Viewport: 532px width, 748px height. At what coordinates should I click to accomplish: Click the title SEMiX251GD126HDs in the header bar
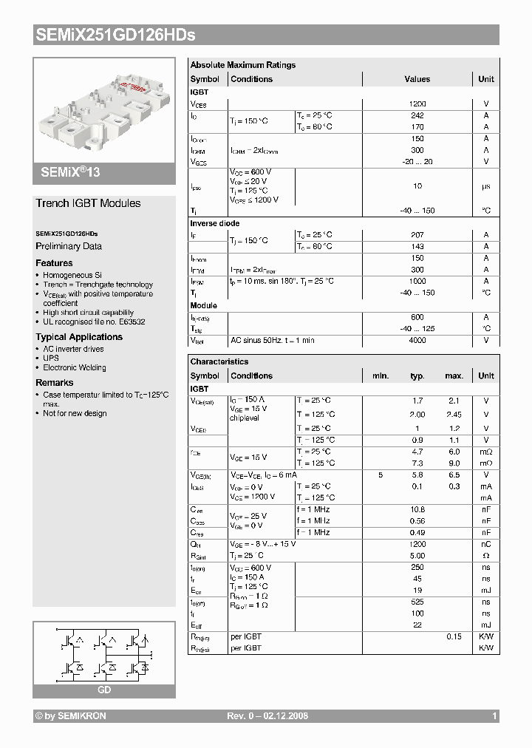click(115, 35)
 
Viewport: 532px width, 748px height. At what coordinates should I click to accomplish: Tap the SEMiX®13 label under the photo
click(66, 172)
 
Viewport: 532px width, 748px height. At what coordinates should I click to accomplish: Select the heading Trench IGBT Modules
click(88, 203)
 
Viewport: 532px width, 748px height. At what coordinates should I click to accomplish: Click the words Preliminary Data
click(69, 246)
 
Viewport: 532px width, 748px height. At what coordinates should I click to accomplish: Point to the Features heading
click(54, 263)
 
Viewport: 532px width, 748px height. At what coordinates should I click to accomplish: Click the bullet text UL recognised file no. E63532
click(94, 322)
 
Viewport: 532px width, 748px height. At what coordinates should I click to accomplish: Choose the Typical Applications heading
click(79, 337)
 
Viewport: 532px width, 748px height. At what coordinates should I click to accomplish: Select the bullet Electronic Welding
click(74, 367)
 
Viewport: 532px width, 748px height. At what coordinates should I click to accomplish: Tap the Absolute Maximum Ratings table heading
click(242, 65)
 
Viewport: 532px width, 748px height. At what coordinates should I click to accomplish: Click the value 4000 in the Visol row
click(417, 340)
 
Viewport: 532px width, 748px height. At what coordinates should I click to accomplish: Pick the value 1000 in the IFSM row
click(417, 281)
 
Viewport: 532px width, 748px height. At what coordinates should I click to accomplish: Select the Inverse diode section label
click(215, 223)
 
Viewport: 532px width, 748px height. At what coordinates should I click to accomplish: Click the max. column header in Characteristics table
click(454, 375)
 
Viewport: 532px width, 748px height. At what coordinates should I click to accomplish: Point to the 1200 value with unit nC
click(417, 544)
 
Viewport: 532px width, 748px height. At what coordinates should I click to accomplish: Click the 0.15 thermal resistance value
click(454, 636)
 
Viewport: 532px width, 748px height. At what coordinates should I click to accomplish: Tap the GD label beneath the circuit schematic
click(104, 690)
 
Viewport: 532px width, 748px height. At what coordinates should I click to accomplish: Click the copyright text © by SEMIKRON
click(71, 716)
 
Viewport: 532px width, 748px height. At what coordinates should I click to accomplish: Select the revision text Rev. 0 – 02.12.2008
click(267, 716)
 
